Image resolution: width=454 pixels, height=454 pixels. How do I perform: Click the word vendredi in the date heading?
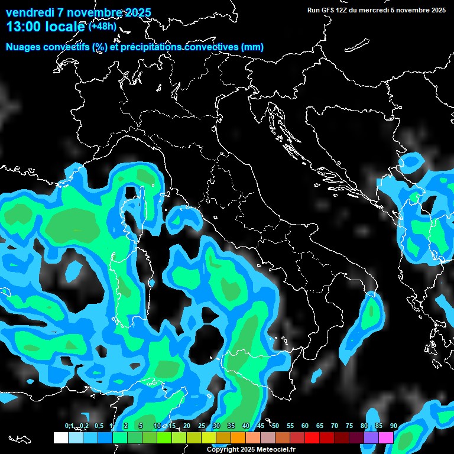click(30, 12)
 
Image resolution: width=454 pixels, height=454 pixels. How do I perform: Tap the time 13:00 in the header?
click(27, 27)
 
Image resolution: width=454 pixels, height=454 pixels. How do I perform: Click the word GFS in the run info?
click(327, 10)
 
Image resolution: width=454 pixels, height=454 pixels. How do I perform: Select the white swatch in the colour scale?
click(60, 437)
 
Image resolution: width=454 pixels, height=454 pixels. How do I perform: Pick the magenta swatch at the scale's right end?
click(385, 437)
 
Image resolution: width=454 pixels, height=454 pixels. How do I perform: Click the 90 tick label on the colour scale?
click(393, 426)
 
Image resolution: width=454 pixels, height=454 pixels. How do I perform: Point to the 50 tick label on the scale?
click(275, 426)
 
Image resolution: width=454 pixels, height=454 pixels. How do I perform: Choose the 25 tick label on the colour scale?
click(201, 426)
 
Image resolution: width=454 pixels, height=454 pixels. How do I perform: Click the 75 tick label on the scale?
click(349, 426)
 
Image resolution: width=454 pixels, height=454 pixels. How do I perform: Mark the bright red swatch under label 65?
click(312, 437)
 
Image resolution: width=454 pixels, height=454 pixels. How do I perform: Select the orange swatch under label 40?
click(238, 437)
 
